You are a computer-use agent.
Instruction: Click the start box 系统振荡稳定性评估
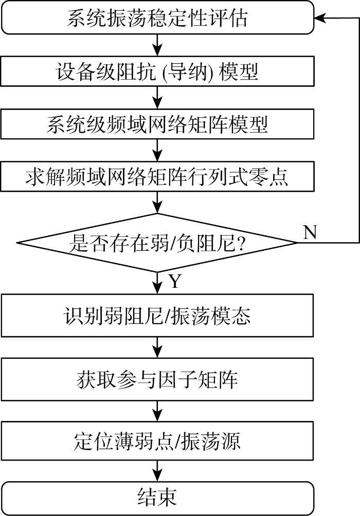(x=157, y=19)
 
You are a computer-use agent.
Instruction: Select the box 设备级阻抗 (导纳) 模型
(x=157, y=72)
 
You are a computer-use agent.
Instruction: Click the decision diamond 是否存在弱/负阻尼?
(x=157, y=243)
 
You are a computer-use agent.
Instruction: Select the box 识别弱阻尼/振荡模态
(x=157, y=315)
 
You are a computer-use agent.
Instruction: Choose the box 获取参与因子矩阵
(x=157, y=379)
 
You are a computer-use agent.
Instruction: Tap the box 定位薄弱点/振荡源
(x=157, y=441)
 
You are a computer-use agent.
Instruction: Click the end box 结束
(x=157, y=497)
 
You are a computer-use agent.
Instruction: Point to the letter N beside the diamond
(x=310, y=233)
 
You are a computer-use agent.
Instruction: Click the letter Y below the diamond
(x=175, y=281)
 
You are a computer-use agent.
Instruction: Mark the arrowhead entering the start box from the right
(x=320, y=19)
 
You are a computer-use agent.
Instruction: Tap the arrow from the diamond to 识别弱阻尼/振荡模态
(x=157, y=282)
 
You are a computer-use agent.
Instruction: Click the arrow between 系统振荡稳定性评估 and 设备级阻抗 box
(x=157, y=45)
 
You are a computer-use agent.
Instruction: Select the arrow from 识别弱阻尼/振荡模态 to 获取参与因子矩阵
(x=157, y=347)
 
